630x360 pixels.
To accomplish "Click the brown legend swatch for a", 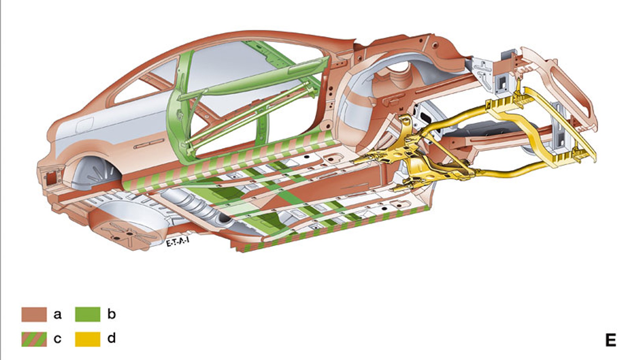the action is coord(34,314).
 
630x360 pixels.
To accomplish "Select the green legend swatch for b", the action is coord(87,314).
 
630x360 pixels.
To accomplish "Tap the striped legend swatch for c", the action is coord(34,339).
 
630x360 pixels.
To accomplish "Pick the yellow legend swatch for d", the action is coord(87,339).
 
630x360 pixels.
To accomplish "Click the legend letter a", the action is coord(57,315).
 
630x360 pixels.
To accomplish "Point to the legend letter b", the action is coord(112,314).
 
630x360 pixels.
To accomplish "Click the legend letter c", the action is coord(57,339).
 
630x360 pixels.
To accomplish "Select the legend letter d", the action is coord(112,338).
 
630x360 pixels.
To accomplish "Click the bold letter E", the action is coord(611,340).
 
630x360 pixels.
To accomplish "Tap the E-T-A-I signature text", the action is coord(177,242).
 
